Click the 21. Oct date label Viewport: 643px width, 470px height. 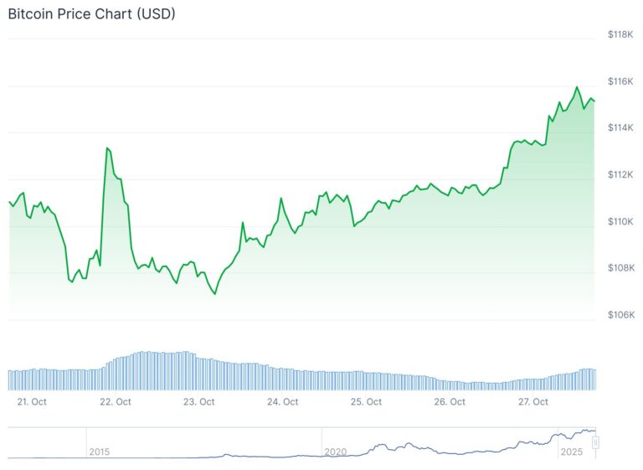pos(32,402)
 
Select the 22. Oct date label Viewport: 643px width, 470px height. pos(116,402)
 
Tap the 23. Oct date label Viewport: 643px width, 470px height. pos(199,402)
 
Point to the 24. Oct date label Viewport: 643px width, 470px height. pos(283,402)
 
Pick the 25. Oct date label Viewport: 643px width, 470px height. pos(367,402)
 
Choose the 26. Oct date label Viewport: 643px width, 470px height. pos(450,402)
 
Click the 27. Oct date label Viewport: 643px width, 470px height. pos(533,402)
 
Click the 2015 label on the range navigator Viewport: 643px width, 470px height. pos(99,452)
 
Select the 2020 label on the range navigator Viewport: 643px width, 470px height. pos(335,452)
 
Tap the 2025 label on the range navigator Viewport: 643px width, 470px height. pos(571,452)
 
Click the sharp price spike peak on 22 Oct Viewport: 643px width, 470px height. pos(107,148)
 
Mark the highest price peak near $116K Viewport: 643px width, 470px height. pos(577,87)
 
